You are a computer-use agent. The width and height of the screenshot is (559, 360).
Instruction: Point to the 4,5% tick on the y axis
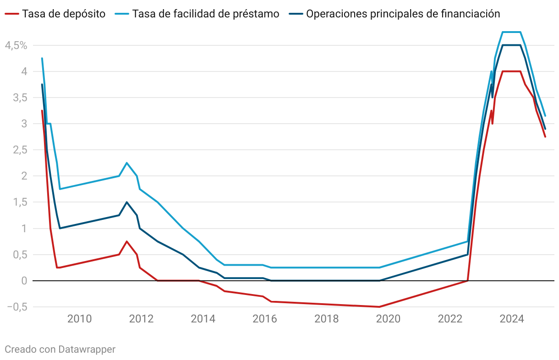(16, 45)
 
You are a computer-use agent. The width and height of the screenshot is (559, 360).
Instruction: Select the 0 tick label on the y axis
(25, 281)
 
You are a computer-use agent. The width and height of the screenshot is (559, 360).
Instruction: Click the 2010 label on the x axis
(79, 319)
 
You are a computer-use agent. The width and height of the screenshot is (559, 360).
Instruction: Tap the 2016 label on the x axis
(265, 319)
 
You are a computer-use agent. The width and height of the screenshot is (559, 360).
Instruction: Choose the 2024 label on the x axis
(512, 319)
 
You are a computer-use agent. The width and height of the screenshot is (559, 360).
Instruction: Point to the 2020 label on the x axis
(389, 319)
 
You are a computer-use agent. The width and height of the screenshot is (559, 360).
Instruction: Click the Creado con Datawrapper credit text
(60, 349)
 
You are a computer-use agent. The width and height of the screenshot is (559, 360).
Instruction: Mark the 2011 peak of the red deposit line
(127, 241)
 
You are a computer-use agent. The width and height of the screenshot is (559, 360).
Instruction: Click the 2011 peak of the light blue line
(127, 163)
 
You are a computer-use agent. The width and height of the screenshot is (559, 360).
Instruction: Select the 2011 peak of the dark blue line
(127, 202)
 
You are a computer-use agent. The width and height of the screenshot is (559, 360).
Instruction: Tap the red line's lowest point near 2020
(379, 307)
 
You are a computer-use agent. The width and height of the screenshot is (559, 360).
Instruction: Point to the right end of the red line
(545, 136)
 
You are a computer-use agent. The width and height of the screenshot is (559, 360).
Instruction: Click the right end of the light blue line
(545, 115)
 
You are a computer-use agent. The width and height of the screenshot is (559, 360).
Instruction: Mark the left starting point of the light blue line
(42, 59)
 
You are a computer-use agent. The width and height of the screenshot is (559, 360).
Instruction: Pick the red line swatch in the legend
(12, 14)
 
